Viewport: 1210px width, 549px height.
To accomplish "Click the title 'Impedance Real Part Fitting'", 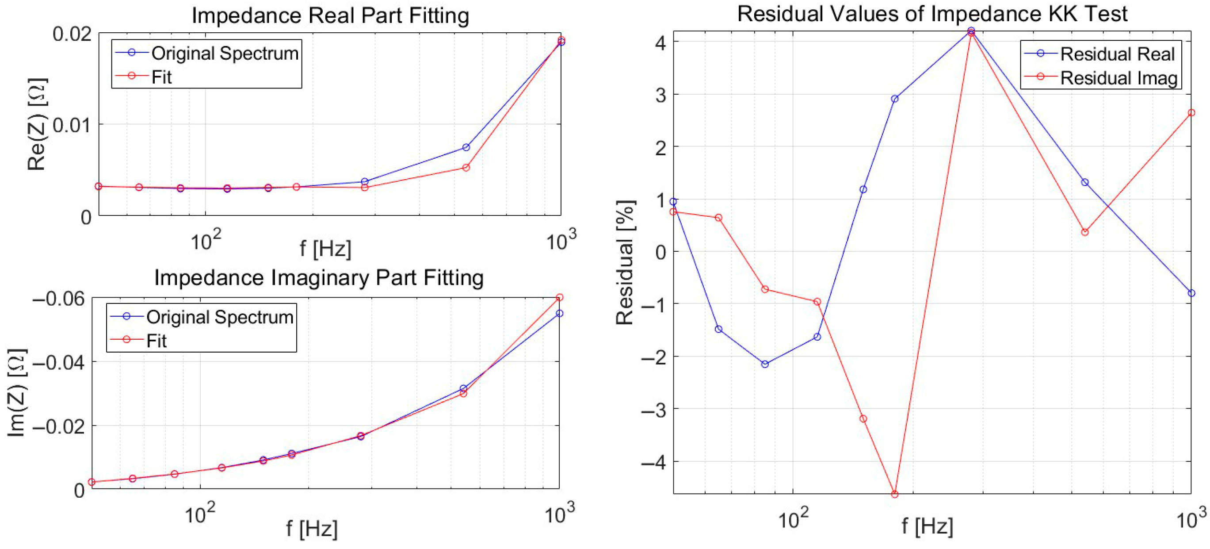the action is tap(330, 15).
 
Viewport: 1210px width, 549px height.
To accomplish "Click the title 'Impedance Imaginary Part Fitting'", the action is tap(319, 277).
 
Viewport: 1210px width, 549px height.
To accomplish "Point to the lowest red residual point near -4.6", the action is tap(894, 494).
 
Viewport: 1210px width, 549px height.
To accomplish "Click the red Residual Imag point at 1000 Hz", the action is tap(1191, 113).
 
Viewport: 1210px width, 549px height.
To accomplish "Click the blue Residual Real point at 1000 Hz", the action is tap(1191, 293).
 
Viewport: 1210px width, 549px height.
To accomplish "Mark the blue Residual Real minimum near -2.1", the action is tap(765, 364).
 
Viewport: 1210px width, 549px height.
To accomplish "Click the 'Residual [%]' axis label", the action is tap(625, 262).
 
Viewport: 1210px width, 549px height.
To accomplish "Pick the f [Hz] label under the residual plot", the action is tap(927, 526).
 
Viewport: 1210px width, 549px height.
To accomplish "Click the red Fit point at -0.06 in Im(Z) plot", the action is tap(559, 298).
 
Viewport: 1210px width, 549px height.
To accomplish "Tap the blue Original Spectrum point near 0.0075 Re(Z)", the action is tap(466, 148).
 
